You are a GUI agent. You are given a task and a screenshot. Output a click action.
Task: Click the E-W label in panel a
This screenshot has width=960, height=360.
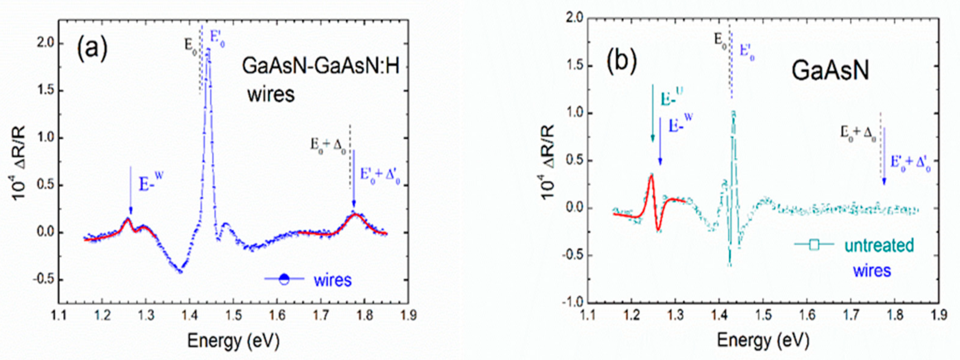(151, 183)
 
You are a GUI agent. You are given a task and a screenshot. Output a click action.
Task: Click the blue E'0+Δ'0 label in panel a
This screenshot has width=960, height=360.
(380, 175)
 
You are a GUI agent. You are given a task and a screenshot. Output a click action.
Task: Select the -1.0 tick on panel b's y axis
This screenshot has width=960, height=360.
(573, 302)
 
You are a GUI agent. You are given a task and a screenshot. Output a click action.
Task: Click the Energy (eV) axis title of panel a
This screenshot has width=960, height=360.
(233, 341)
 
